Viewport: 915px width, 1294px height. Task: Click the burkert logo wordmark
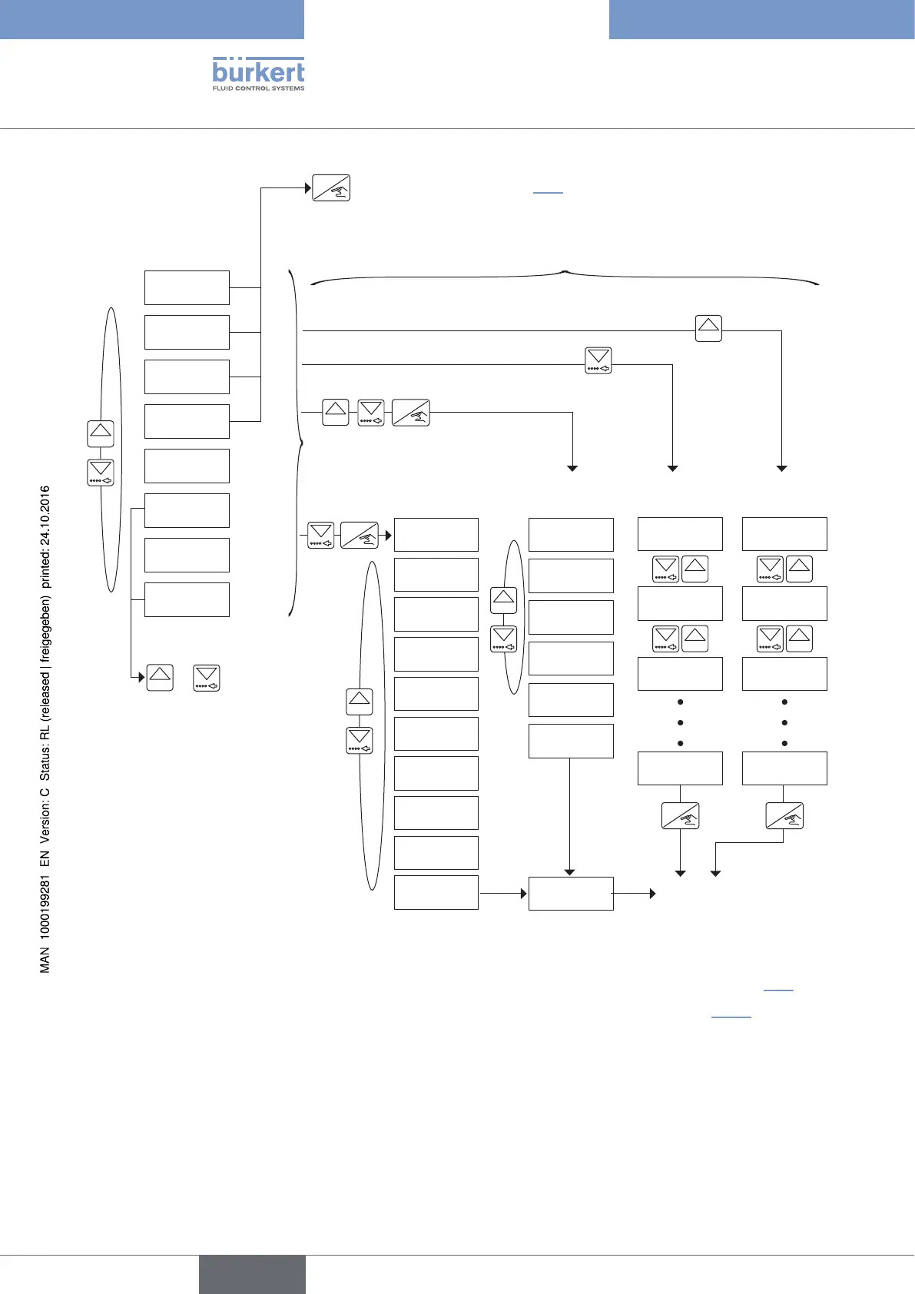coord(258,71)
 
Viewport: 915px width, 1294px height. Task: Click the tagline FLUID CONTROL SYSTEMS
coord(258,88)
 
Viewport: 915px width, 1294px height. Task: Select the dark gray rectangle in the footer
coord(252,1274)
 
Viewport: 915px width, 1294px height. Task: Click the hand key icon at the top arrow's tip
coord(331,188)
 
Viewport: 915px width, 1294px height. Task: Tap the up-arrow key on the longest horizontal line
coord(708,328)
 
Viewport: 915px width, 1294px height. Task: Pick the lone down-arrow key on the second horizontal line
coord(598,360)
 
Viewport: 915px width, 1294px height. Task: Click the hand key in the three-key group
coord(411,413)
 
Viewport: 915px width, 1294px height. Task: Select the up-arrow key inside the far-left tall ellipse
coord(101,433)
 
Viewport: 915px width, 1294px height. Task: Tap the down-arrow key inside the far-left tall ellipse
coord(101,472)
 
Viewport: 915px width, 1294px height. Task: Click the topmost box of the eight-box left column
coord(187,287)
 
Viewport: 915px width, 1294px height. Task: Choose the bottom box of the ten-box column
coord(436,892)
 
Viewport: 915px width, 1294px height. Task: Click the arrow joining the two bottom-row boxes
coord(503,893)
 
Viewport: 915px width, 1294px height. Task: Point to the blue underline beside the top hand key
coord(548,192)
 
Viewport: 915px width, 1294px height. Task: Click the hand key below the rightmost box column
coord(784,816)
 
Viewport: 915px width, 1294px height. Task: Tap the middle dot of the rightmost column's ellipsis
coord(784,723)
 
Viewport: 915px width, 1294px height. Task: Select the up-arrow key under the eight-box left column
coord(160,677)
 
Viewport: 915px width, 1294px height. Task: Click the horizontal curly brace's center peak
coord(565,271)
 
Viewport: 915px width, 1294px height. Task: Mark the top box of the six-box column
coord(571,534)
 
